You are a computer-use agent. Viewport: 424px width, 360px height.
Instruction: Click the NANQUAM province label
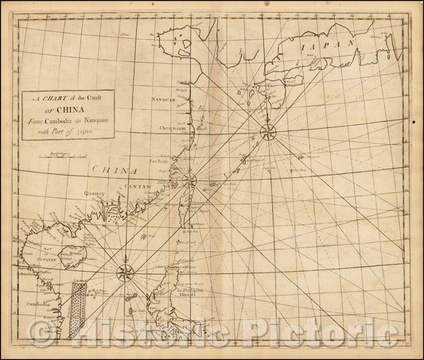[163, 101]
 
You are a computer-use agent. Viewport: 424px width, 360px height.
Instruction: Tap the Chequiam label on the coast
[163, 126]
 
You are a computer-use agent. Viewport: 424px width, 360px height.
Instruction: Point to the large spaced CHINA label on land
[110, 169]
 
